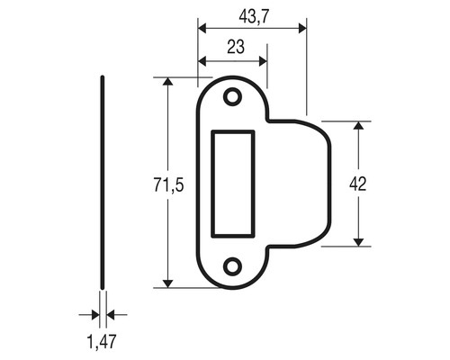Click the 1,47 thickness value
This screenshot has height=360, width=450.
[103, 341]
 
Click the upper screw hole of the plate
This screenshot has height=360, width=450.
[232, 96]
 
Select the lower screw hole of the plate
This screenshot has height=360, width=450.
[232, 265]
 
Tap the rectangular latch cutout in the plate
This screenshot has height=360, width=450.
[232, 181]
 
